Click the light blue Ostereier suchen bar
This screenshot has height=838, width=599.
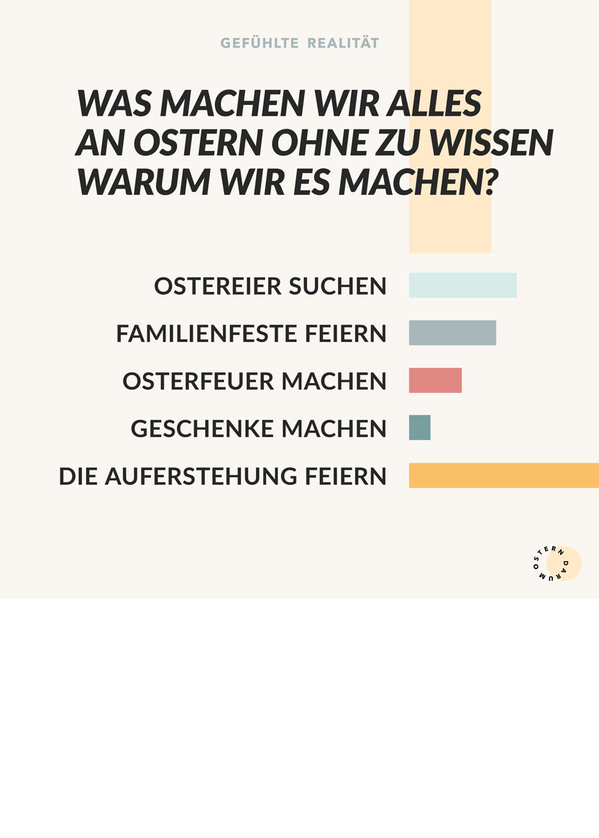point(462,285)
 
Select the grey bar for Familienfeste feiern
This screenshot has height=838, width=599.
point(452,333)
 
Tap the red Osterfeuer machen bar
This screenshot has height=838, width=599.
point(435,380)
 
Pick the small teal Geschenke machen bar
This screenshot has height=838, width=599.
point(420,428)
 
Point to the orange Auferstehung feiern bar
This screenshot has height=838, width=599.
point(503,475)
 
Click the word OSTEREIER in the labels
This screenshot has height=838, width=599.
point(217,286)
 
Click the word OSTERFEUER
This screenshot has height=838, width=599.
point(198,381)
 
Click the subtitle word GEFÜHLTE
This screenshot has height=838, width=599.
point(259,43)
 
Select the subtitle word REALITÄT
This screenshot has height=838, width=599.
point(343,43)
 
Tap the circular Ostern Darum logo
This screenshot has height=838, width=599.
point(556,563)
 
